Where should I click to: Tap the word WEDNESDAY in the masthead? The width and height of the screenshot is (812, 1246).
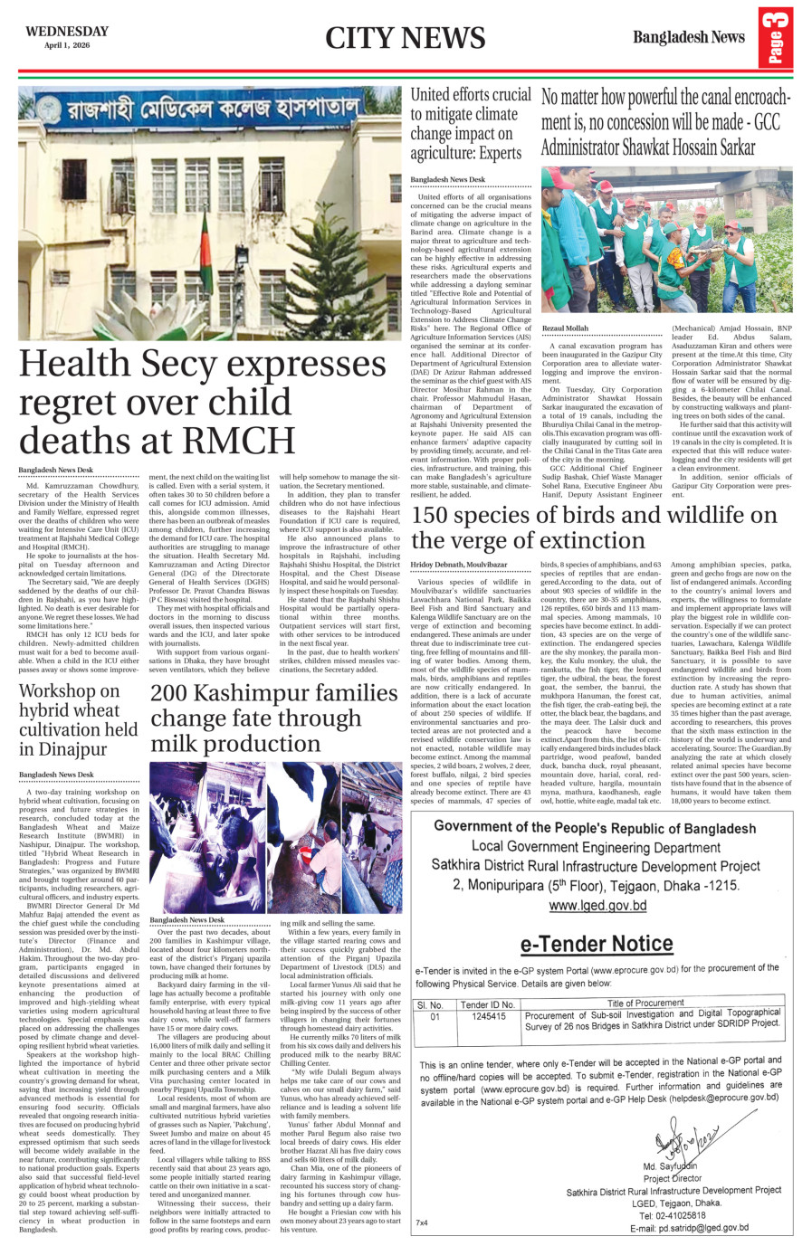[x=67, y=31]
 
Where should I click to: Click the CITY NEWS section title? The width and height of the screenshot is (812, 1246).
[x=405, y=38]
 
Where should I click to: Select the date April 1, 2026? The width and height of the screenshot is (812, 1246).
[x=68, y=45]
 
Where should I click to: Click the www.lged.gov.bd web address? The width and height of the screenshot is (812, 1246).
[x=597, y=905]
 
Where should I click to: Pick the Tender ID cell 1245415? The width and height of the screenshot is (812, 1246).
[x=489, y=1016]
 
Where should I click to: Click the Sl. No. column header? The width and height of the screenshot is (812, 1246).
[x=430, y=1004]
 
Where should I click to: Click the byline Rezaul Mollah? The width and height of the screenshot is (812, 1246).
[x=565, y=328]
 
